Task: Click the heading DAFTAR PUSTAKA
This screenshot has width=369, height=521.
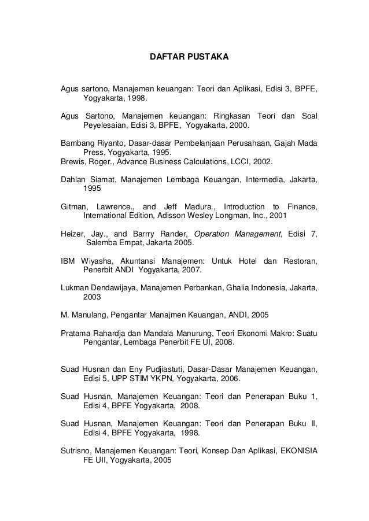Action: click(189, 58)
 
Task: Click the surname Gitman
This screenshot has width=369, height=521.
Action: click(75, 206)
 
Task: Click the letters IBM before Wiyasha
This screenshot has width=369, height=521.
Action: click(68, 261)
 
